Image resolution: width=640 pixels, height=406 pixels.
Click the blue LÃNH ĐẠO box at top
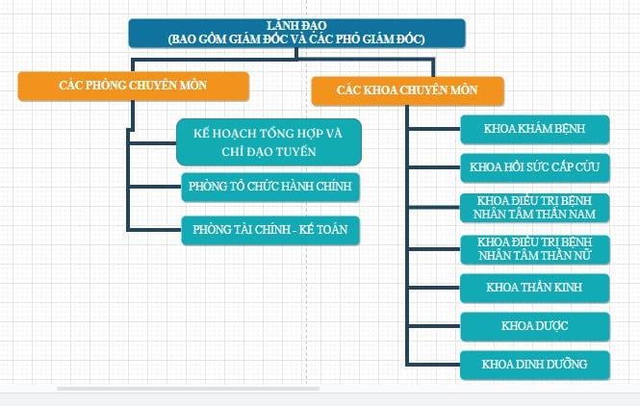click(296, 33)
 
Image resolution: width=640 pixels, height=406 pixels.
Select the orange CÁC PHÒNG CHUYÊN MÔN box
click(134, 86)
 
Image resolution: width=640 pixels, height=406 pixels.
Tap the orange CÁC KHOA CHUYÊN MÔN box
click(407, 91)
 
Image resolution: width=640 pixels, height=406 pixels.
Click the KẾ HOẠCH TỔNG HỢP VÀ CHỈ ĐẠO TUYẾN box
click(269, 142)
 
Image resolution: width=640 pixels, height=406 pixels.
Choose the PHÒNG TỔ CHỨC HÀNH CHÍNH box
click(270, 187)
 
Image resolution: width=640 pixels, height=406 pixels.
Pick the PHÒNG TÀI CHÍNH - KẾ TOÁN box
click(270, 230)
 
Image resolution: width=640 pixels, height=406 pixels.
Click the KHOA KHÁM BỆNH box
click(535, 129)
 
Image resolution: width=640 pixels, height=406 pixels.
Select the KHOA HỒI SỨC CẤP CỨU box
click(535, 167)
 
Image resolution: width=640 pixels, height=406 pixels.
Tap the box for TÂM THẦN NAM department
click(535, 208)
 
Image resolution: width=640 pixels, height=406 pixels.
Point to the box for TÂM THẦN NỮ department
click(535, 249)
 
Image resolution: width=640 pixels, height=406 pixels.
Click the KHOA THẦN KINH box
click(535, 288)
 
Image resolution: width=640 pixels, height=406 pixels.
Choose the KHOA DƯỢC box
click(535, 326)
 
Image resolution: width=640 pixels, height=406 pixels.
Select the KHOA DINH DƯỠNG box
click(535, 365)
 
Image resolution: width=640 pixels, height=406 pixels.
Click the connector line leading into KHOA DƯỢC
click(434, 326)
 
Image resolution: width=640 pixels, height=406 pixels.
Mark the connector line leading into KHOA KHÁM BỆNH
click(434, 129)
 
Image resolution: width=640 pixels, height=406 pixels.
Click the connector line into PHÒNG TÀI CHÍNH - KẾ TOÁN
click(154, 230)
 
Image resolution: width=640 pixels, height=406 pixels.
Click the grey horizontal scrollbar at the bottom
click(189, 389)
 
